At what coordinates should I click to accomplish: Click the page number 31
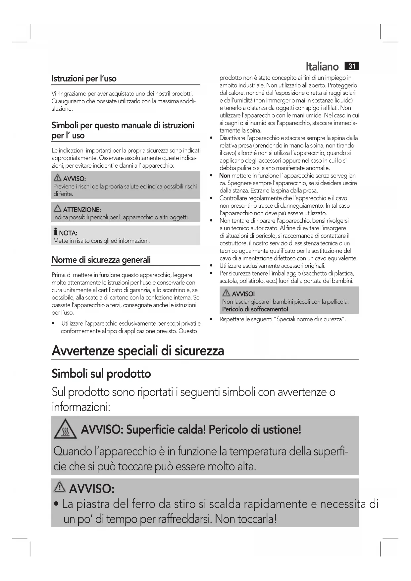coord(352,66)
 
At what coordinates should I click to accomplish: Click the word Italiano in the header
coord(322,67)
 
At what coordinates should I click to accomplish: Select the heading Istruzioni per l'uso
coord(84,79)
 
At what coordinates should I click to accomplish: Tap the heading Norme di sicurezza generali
coord(101,260)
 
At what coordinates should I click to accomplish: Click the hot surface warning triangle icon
coord(65,430)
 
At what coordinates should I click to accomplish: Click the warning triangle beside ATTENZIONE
coord(57,209)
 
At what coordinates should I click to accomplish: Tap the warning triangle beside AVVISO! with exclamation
coord(227,293)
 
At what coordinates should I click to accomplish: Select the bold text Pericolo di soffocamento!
coord(255,309)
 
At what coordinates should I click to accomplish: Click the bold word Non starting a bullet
coord(225,176)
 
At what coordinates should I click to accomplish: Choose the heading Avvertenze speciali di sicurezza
coord(138,351)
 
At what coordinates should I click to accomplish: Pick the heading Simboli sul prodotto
coord(101,374)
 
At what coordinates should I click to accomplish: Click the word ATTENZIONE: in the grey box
coord(82,210)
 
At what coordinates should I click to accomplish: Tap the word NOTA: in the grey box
coord(68,233)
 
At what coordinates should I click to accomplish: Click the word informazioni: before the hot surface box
coord(81,407)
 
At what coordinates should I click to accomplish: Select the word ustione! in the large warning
coord(282,430)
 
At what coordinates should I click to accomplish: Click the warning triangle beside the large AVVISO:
coord(60,487)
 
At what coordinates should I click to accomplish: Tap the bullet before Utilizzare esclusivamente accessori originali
coord(211,266)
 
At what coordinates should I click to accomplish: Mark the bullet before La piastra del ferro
coord(57,505)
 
